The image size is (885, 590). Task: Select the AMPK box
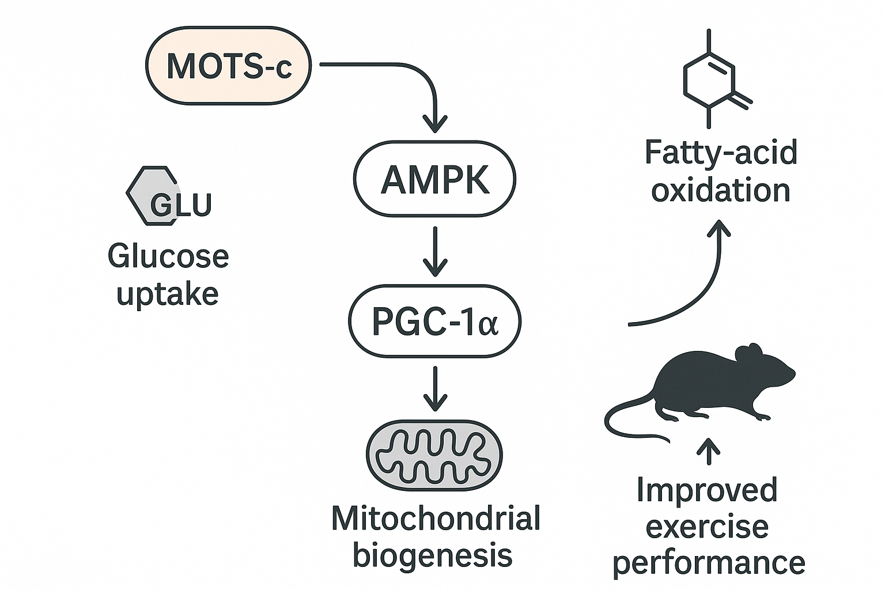coord(434,180)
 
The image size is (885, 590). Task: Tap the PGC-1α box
coord(434,322)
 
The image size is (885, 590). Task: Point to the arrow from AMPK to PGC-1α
coord(435,251)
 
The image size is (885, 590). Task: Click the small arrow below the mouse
coord(708,451)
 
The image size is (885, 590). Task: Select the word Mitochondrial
coord(436,518)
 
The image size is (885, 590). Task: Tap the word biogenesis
coord(432,555)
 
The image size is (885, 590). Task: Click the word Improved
coord(707,490)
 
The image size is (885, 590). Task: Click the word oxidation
coord(720,191)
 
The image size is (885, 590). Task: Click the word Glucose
coord(168,256)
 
